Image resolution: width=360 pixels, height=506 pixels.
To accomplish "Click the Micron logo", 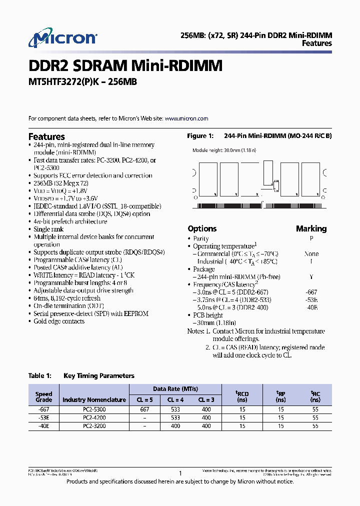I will pos(62,38).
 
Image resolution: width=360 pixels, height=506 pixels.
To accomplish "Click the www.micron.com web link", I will pos(186,118).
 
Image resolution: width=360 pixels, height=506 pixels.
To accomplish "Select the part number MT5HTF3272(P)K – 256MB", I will pos(82,82).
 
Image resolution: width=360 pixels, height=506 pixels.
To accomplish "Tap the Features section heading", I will pos(46,136).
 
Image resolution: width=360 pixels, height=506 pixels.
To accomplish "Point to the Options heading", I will pos(202,228).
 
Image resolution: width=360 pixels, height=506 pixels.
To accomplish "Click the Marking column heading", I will pos(311,228).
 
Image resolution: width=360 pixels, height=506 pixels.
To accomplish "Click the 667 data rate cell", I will pos(144,409).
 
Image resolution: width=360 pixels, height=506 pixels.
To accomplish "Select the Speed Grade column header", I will pos(43,397).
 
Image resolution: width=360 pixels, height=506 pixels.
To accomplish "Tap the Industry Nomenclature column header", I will pos(94,400).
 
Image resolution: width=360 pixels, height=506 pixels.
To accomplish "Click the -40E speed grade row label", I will pos(43,426).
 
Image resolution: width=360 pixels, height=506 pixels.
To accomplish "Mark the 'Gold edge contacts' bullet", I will pos(59,321).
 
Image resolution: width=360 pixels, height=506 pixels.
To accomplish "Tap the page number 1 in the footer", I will pos(180,473).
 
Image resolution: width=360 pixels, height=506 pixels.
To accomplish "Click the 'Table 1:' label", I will pos(40,375).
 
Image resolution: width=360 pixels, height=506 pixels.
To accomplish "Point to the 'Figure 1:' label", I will pos(200,136).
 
